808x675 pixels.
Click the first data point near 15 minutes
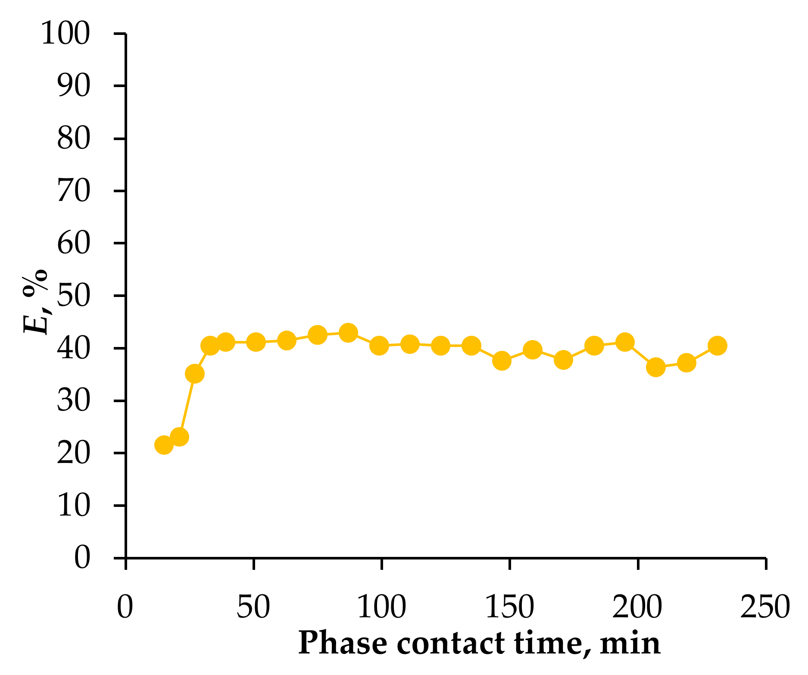164,445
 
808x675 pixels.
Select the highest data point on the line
348,333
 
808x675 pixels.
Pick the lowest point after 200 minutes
656,367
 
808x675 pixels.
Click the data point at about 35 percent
195,374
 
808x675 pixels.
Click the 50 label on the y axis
74,296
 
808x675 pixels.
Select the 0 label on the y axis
82,558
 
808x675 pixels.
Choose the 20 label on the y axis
74,453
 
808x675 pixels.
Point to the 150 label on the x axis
510,607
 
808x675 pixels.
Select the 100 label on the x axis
382,607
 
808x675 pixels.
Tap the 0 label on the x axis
125,607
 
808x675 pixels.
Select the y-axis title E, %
35,302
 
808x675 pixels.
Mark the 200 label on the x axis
637,607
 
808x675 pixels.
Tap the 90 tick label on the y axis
74,86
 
